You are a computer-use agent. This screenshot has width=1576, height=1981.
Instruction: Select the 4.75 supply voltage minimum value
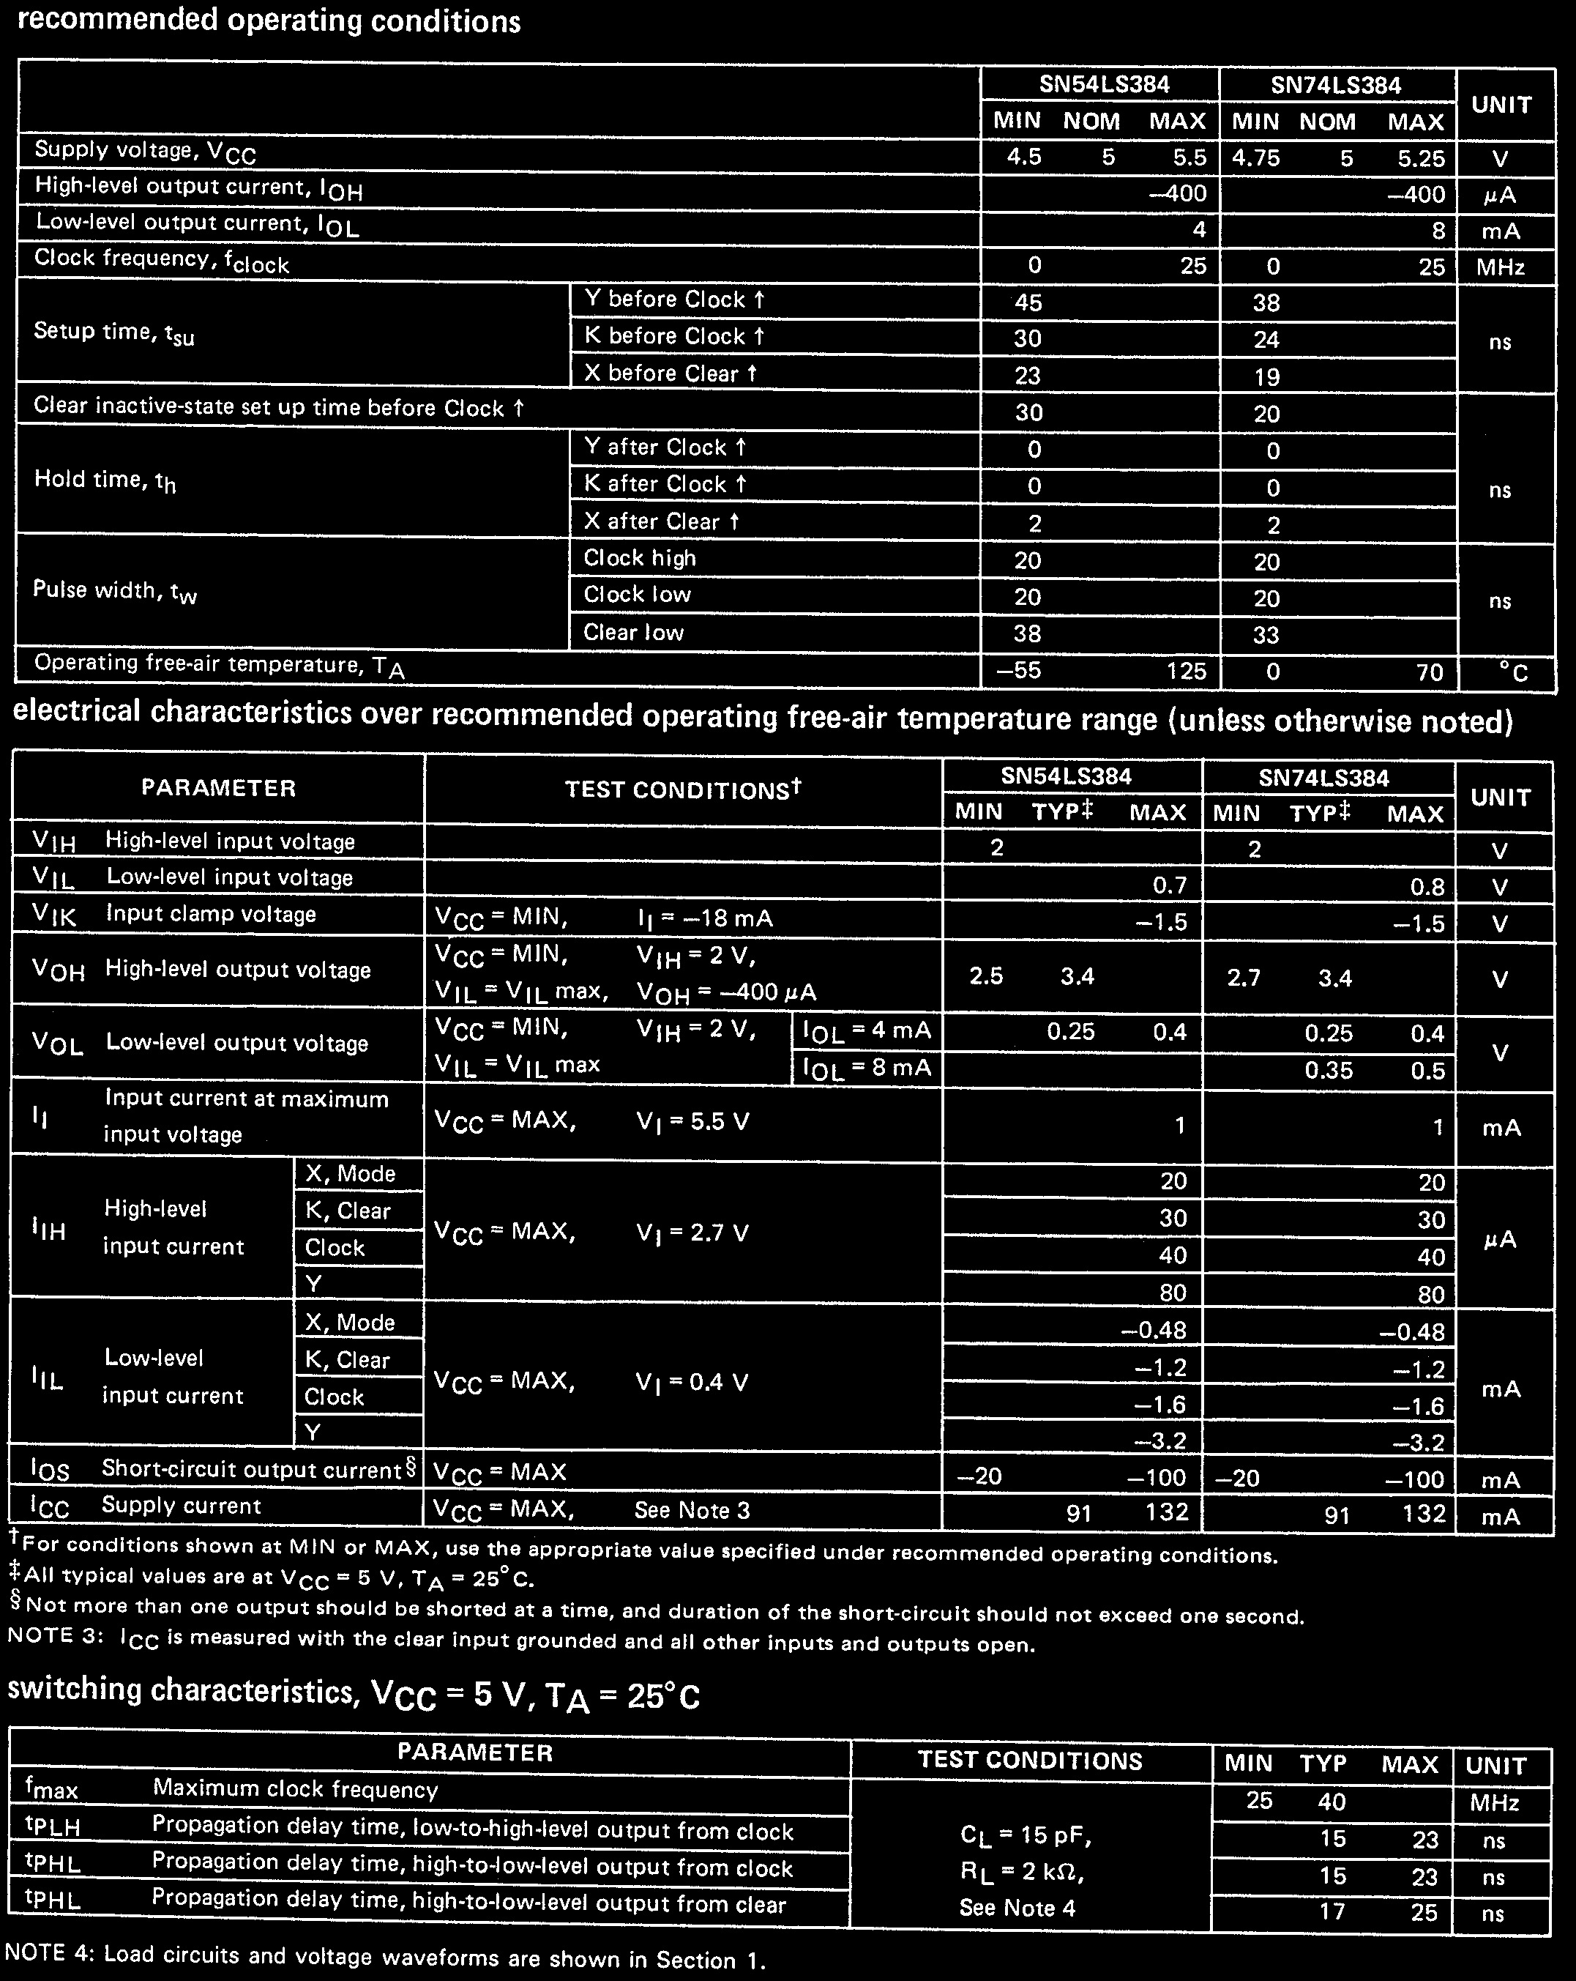pos(1255,158)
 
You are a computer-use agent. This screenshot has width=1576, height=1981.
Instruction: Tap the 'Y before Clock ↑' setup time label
pos(674,300)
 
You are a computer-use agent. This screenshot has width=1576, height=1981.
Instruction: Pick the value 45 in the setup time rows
pos(1028,302)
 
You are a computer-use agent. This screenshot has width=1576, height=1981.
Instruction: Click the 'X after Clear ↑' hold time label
pos(661,521)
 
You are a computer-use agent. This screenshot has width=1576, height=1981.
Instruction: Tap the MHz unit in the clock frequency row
pos(1500,267)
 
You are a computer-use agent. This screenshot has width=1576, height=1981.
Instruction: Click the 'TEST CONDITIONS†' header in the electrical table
pos(683,789)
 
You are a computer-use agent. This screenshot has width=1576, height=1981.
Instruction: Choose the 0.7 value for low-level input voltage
pos(1169,885)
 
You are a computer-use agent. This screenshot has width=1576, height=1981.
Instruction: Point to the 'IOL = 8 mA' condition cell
pos(867,1068)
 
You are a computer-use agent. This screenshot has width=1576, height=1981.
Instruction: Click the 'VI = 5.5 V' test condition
pos(692,1122)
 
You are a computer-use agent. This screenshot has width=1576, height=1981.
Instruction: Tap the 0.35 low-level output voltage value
pos(1329,1071)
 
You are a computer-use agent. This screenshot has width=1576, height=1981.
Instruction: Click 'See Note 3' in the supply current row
pos(692,1511)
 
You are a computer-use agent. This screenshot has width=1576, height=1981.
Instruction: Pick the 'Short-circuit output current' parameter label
pos(253,1469)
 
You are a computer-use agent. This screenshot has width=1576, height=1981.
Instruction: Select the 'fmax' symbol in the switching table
pos(51,1789)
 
